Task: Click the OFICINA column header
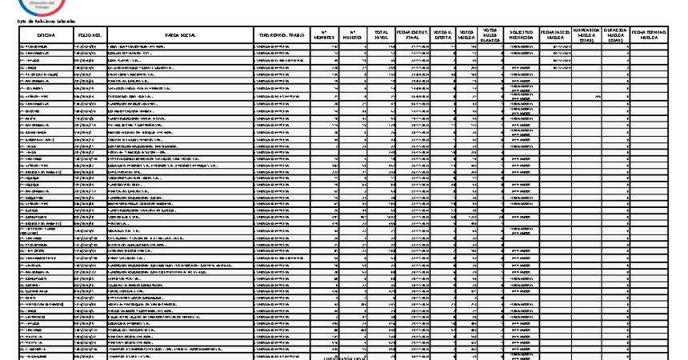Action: click(45, 36)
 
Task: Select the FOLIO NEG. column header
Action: click(90, 36)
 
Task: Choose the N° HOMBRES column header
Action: click(323, 36)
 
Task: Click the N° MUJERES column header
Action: click(352, 36)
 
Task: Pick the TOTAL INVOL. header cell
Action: click(382, 36)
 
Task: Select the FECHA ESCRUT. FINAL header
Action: click(413, 36)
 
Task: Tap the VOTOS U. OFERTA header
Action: click(442, 36)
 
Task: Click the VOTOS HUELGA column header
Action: click(466, 36)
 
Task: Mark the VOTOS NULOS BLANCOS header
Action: click(490, 36)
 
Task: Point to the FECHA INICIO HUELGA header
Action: click(556, 36)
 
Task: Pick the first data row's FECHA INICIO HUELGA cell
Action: click(556, 47)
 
